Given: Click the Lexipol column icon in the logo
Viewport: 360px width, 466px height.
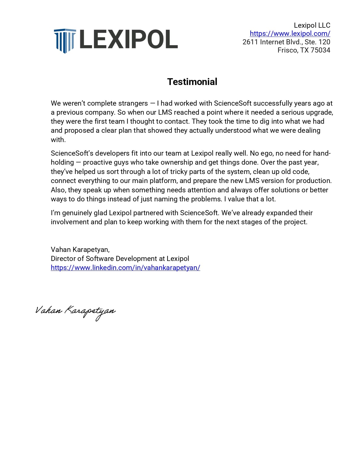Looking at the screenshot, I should [x=65, y=40].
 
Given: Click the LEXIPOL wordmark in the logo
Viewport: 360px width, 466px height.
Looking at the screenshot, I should [x=129, y=39].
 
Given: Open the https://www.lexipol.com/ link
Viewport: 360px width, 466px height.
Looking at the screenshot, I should [x=290, y=34].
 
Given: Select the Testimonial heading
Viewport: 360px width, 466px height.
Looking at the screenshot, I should [x=192, y=82].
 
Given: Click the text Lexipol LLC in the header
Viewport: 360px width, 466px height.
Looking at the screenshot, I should [x=312, y=25].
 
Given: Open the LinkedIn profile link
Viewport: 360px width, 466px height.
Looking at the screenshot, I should [x=125, y=268].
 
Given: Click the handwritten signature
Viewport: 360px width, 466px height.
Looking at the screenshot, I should [x=75, y=311].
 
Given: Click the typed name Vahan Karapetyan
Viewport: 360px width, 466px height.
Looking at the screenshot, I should [x=80, y=250].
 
